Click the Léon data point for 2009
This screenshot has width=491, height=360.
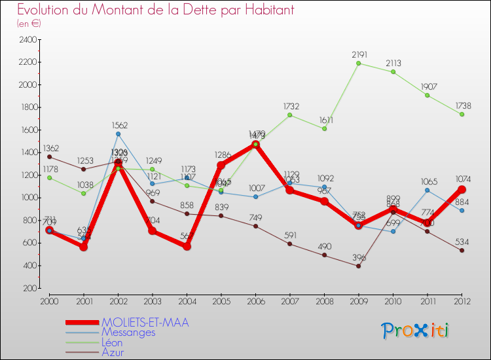pyautogui.click(x=359, y=63)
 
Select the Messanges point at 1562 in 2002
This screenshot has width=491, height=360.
pyautogui.click(x=118, y=134)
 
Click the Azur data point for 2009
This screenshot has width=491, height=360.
pyautogui.click(x=359, y=266)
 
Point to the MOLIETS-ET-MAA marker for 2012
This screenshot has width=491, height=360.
pyautogui.click(x=462, y=189)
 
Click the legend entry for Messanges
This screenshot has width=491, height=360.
pyautogui.click(x=128, y=333)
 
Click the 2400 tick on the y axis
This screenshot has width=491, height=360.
pyautogui.click(x=27, y=40)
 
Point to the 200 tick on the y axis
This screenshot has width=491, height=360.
pyautogui.click(x=29, y=288)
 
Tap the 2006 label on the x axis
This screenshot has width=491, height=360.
pyautogui.click(x=255, y=300)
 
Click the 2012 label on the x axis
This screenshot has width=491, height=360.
pyautogui.click(x=462, y=300)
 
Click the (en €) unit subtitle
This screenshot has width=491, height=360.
pyautogui.click(x=29, y=24)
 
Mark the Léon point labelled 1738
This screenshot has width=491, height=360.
pyautogui.click(x=462, y=114)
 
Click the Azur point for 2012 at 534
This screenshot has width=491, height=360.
pyautogui.click(x=462, y=250)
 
